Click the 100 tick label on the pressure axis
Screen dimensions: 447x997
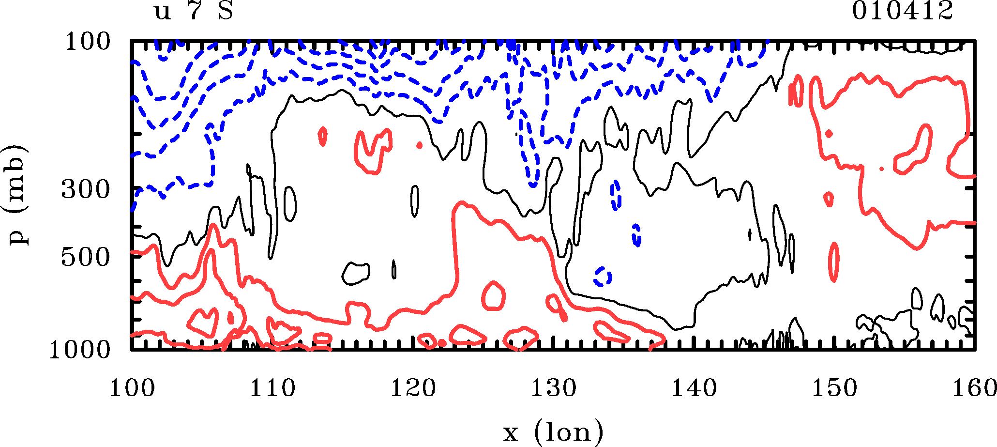(x=88, y=43)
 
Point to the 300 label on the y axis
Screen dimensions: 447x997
(x=86, y=190)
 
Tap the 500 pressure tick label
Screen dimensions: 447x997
(x=86, y=258)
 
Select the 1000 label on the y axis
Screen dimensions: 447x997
(x=80, y=350)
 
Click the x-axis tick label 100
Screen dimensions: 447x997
(x=132, y=388)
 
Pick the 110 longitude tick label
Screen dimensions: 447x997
(x=272, y=388)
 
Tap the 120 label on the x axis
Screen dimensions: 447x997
(x=413, y=388)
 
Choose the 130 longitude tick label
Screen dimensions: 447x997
(x=553, y=388)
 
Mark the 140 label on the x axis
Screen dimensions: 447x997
(x=694, y=388)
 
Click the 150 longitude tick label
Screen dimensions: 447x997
(x=834, y=388)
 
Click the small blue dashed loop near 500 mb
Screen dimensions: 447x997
(x=603, y=277)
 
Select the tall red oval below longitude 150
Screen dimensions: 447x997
(x=833, y=262)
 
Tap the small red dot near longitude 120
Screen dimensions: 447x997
(x=420, y=145)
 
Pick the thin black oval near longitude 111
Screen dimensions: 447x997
(x=290, y=204)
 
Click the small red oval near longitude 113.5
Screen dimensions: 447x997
(x=323, y=137)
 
